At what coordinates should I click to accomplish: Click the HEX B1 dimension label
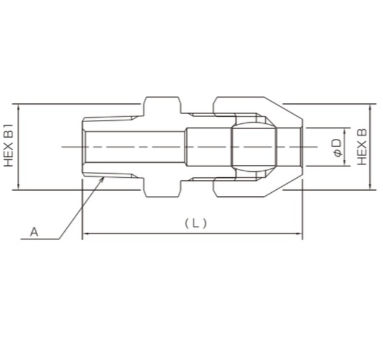click(x=8, y=146)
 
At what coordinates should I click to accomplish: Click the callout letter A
click(x=34, y=231)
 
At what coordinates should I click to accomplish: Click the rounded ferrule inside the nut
click(x=254, y=147)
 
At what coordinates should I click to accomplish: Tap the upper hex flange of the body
click(x=162, y=105)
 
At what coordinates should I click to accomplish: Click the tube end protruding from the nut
click(x=291, y=147)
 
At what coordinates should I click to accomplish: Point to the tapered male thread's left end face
click(x=83, y=147)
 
